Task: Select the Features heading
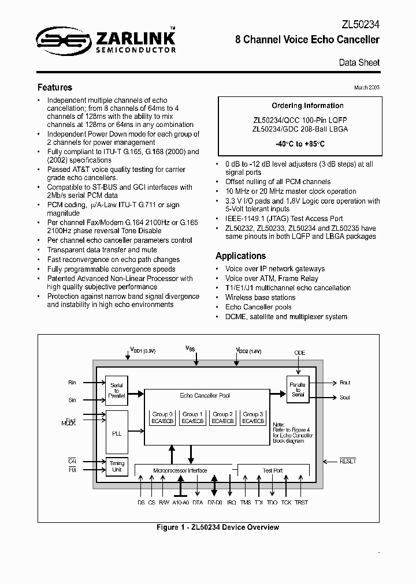pos(55,88)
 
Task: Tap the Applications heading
pos(240,256)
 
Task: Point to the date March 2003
pos(366,87)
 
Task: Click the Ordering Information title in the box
pos(307,106)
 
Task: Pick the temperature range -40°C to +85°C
pos(300,143)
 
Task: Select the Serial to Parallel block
pos(116,390)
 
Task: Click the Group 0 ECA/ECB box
pos(162,418)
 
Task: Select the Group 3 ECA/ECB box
pos(252,418)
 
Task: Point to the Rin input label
pos(72,382)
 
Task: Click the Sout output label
pos(345,397)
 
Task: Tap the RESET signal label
pos(348,461)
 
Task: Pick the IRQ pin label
pos(231,502)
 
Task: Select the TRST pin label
pos(301,502)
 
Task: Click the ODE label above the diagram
pos(299,353)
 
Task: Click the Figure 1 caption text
pos(218,527)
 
